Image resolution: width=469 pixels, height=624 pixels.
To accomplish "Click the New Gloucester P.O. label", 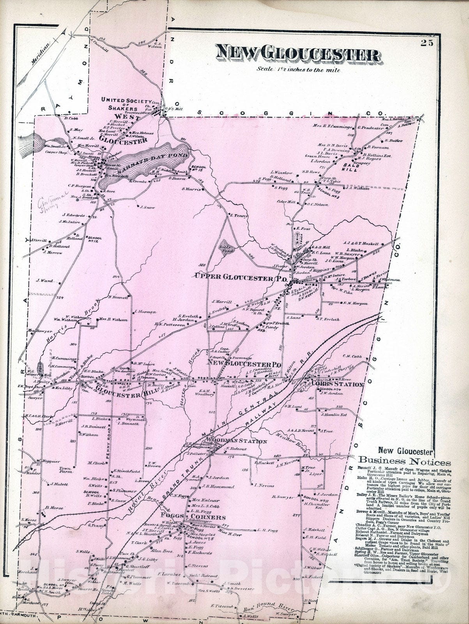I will [x=244, y=364].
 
